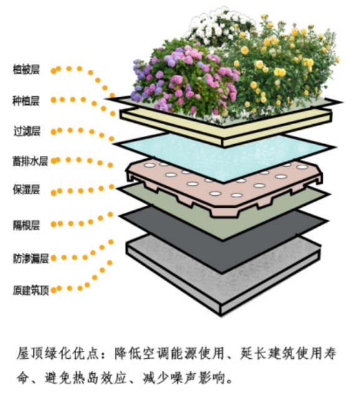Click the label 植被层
tap(26, 69)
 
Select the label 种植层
tap(26, 100)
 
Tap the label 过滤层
tap(27, 131)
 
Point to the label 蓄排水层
tap(30, 161)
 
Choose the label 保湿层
tap(26, 190)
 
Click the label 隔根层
tap(26, 225)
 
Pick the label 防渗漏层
tap(31, 258)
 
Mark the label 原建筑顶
tap(31, 290)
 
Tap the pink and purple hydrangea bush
tap(184, 78)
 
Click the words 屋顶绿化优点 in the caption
tap(57, 353)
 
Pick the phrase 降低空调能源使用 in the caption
tap(169, 353)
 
